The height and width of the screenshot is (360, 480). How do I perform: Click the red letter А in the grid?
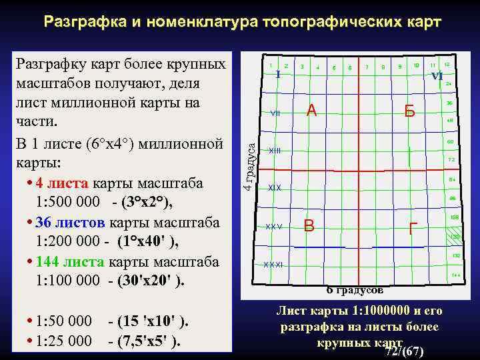click(311, 111)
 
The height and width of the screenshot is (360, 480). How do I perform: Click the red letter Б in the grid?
click(409, 112)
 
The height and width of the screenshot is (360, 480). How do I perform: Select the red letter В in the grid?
click(309, 225)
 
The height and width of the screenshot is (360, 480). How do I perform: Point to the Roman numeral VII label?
click(275, 113)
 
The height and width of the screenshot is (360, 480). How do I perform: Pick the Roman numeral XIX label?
click(275, 188)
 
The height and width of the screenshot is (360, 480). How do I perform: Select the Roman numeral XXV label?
click(274, 227)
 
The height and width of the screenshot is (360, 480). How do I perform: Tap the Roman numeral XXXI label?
click(273, 265)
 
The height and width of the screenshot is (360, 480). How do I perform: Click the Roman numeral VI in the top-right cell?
click(437, 76)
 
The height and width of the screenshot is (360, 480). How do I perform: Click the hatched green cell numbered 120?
click(455, 237)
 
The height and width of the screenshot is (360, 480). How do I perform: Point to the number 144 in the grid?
click(456, 275)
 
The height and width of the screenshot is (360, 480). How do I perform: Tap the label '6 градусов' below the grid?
click(355, 291)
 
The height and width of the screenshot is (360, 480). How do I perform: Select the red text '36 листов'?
click(65, 222)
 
